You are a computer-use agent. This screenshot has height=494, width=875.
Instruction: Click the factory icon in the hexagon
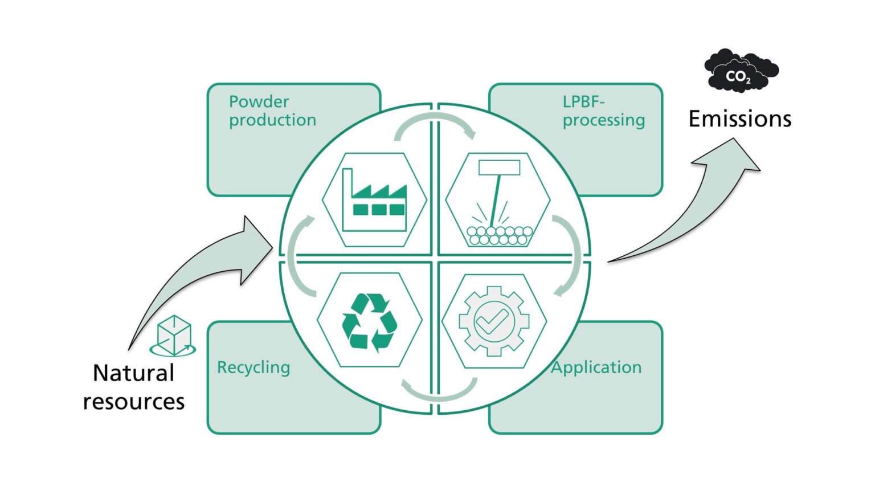[374, 199]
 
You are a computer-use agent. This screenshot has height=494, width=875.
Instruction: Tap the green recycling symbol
[369, 321]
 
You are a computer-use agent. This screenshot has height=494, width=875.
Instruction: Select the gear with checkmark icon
[494, 321]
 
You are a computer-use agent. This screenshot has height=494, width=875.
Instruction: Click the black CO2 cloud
[741, 71]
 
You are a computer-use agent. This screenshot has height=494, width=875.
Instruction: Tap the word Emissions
[739, 119]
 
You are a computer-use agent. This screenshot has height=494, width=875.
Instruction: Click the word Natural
[133, 373]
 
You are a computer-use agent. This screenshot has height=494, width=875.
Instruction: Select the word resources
[133, 402]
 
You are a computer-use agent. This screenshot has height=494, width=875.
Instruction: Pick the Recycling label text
[253, 368]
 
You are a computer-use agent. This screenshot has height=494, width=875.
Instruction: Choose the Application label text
[596, 368]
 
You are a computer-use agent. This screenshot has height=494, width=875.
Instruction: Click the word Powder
[259, 101]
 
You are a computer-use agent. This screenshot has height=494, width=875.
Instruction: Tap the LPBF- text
[583, 101]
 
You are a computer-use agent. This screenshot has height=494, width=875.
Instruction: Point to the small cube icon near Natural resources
[173, 336]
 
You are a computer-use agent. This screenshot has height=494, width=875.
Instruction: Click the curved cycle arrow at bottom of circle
[439, 391]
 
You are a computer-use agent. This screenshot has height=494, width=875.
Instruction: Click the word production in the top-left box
[272, 120]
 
